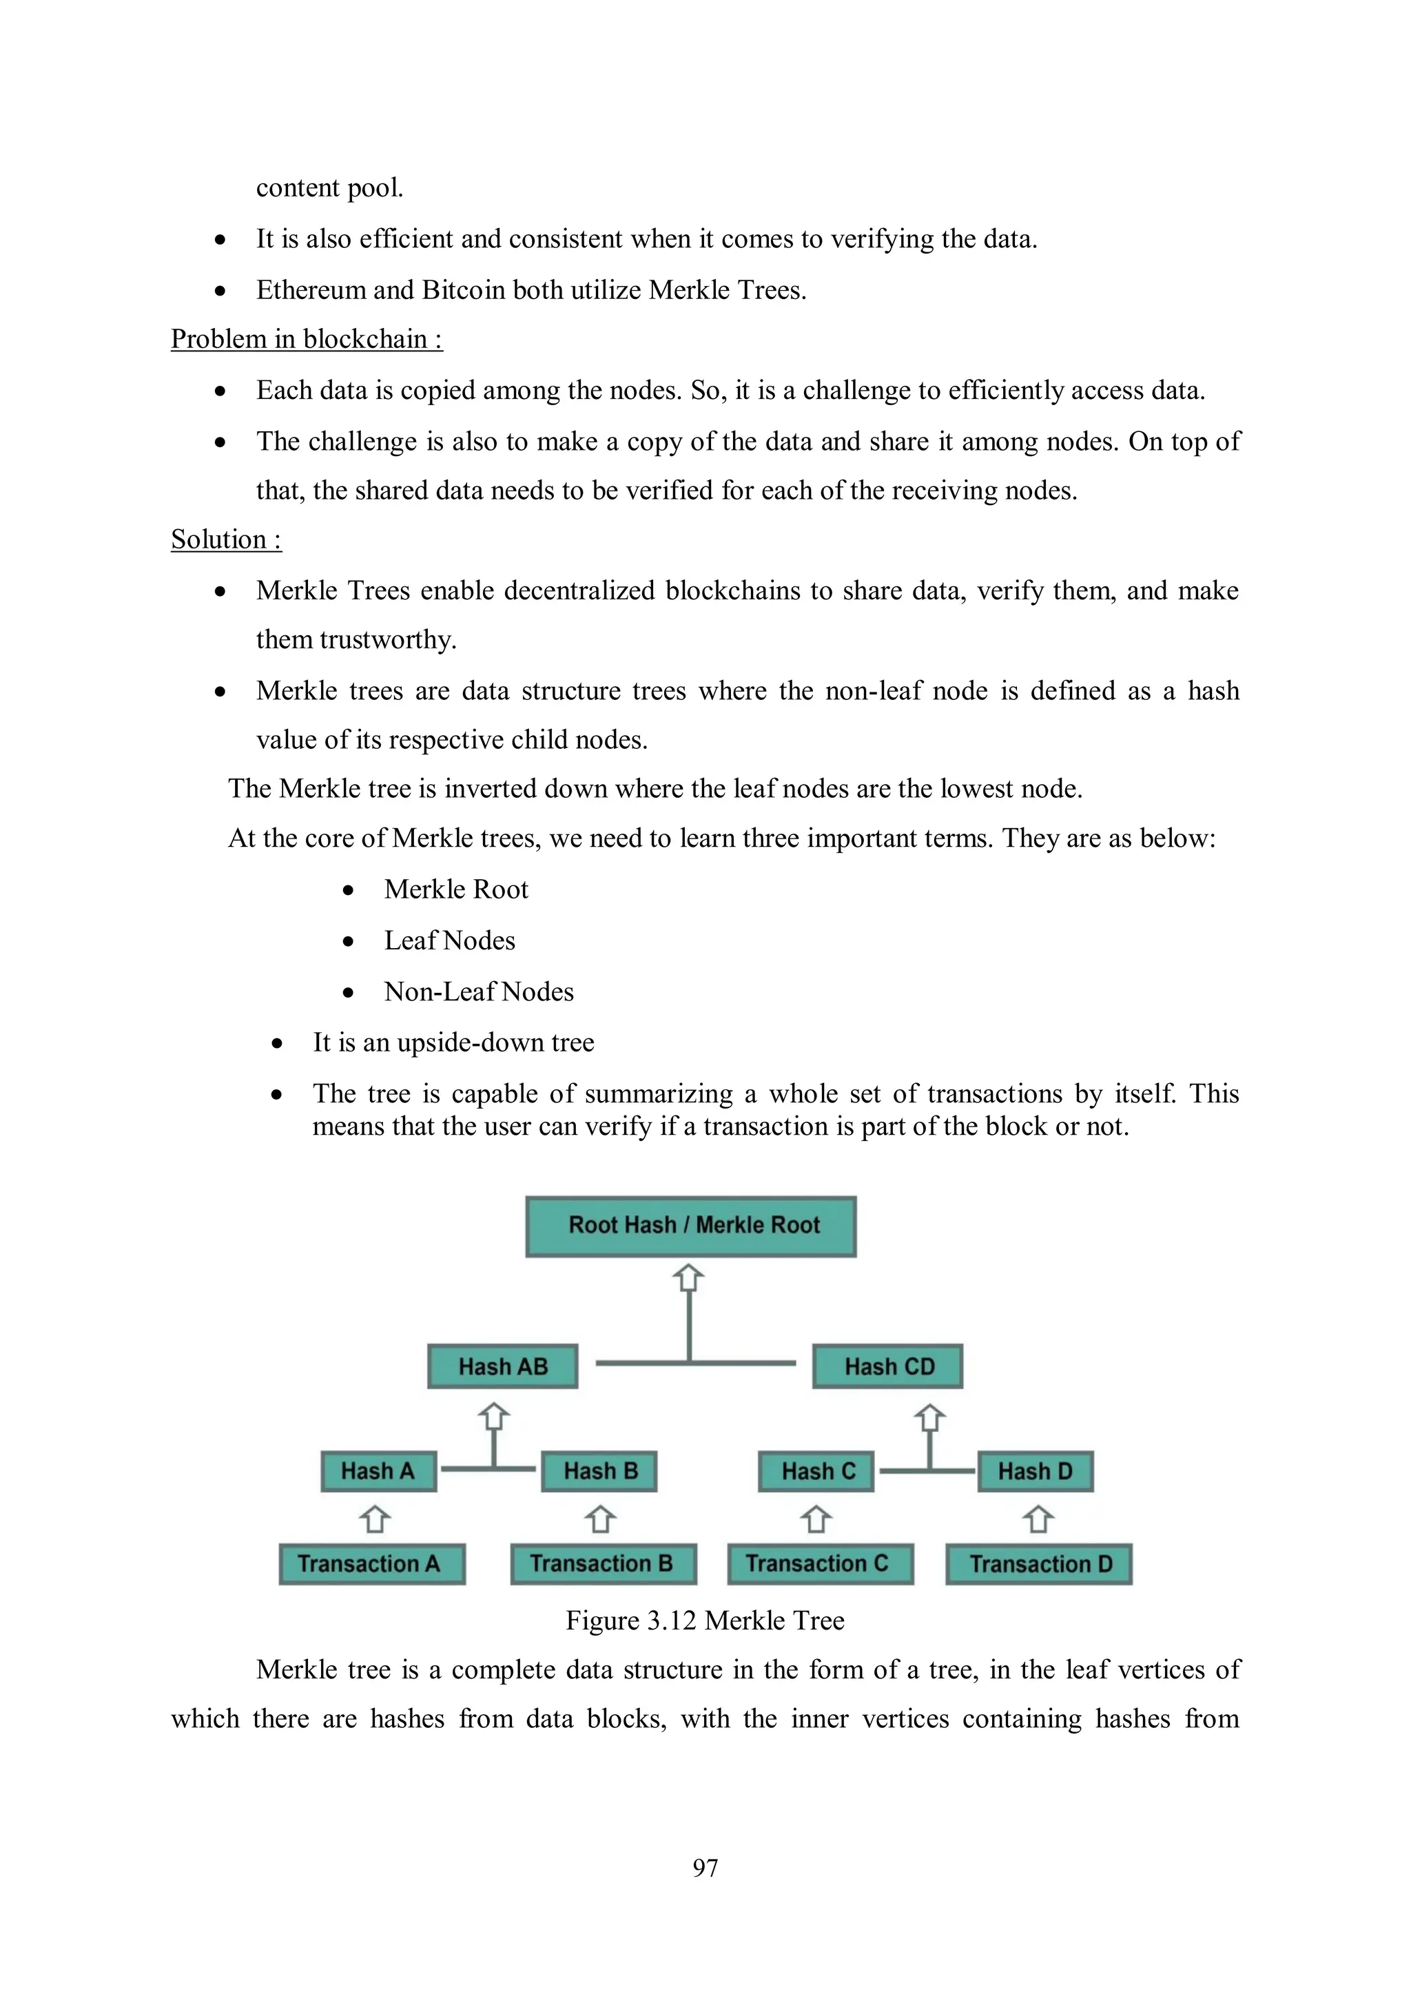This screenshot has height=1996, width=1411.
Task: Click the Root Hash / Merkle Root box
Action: tap(690, 1226)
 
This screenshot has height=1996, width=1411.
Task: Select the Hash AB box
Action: tap(502, 1366)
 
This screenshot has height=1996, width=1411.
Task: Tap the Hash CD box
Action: tap(887, 1366)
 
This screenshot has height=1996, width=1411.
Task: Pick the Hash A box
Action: tap(378, 1471)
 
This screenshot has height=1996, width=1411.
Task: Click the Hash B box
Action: tap(599, 1471)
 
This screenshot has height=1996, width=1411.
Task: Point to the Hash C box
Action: tap(816, 1471)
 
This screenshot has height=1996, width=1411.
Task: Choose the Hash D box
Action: tap(1036, 1471)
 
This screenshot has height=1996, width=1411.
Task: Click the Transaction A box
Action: tap(371, 1564)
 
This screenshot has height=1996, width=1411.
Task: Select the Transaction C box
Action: tap(820, 1564)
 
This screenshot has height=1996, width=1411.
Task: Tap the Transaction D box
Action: tap(1039, 1564)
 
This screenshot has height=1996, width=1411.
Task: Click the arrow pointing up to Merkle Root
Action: tap(688, 1279)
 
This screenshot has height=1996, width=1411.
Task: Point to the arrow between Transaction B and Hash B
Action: tap(600, 1519)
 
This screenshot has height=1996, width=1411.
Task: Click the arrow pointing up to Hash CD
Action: tap(929, 1418)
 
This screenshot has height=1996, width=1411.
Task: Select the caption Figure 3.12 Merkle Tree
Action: tap(704, 1621)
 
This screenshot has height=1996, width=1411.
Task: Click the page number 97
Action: tap(705, 1867)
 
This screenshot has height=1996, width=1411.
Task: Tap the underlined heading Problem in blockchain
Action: tap(306, 339)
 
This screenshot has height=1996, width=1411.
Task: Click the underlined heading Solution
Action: tap(226, 539)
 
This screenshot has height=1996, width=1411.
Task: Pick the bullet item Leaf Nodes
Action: tap(449, 940)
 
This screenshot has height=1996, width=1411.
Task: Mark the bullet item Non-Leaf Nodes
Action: tap(479, 992)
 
